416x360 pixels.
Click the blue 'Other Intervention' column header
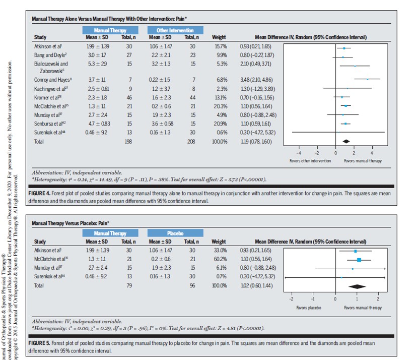click(175, 30)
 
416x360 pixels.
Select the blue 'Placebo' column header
click(175, 234)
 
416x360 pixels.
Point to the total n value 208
click(193, 142)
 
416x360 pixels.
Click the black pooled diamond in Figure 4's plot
click(346, 142)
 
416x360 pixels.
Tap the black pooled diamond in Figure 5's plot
click(357, 286)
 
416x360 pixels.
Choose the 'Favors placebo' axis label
click(309, 307)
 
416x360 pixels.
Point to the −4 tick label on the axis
click(298, 152)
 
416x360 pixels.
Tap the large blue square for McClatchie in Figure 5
click(359, 260)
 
